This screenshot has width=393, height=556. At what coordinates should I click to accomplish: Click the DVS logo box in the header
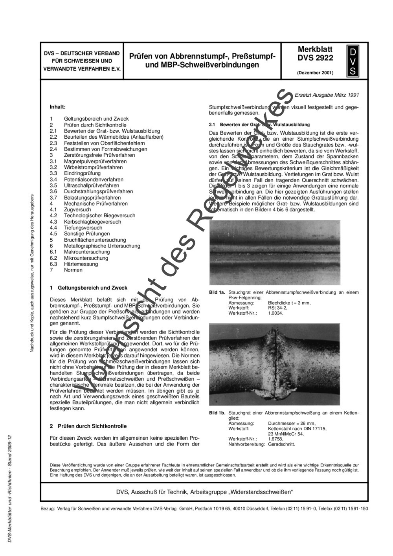tap(353, 61)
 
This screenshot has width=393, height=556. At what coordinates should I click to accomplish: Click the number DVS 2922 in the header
tap(315, 58)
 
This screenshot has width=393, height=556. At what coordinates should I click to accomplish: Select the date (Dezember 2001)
tap(315, 73)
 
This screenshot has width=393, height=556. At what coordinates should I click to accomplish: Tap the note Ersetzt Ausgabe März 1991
tap(327, 95)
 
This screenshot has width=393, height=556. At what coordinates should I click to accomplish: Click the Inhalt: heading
tap(57, 106)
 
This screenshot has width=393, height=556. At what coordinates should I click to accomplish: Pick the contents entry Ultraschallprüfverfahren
tap(92, 185)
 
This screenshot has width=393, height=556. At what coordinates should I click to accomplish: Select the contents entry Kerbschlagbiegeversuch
tap(92, 222)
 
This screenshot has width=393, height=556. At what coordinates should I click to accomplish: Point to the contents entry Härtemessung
tap(81, 264)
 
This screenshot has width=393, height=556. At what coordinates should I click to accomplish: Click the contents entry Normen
tap(73, 270)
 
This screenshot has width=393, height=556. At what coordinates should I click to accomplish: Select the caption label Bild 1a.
tap(217, 292)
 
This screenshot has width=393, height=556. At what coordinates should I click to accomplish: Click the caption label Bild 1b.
tap(217, 413)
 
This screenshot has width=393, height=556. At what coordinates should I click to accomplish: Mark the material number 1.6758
tap(275, 439)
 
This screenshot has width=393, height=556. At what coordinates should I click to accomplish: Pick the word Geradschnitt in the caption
tap(281, 444)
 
